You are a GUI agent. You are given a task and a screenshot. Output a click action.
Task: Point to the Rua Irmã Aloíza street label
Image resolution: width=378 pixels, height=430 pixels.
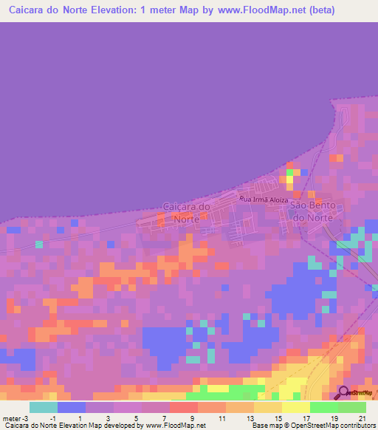tap(264, 199)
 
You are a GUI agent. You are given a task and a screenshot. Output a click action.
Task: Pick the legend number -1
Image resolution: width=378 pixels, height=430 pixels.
tap(53, 418)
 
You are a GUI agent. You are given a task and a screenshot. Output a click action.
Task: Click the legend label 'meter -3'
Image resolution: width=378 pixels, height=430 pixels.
tap(16, 418)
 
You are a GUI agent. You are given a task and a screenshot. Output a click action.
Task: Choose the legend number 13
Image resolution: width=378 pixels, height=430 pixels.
tap(251, 418)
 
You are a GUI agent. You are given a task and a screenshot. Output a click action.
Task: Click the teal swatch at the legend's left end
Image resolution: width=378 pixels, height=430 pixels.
tap(44, 407)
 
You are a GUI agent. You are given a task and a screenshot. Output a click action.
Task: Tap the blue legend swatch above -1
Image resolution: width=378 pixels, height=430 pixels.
tap(72, 407)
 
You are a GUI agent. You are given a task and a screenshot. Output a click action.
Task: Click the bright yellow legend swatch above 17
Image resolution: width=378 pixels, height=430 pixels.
tap(295, 407)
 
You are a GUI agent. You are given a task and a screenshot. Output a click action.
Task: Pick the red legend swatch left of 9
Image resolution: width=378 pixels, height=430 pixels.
tap(183, 407)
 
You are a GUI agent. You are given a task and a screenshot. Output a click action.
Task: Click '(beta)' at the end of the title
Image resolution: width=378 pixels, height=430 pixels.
tap(321, 10)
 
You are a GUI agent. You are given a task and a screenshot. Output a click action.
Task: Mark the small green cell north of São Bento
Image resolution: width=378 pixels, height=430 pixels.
tap(290, 173)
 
